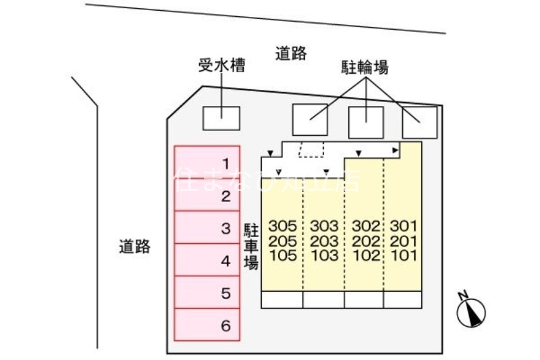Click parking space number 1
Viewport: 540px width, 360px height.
point(208,163)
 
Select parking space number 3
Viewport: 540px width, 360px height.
point(208,228)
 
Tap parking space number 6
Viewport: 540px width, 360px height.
point(208,326)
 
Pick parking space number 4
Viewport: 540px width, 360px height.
point(208,261)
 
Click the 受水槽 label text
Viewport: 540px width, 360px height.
point(221,66)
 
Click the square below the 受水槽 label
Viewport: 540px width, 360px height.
point(221,118)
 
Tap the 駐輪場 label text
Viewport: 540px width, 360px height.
point(364,67)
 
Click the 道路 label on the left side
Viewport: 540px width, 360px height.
point(134,246)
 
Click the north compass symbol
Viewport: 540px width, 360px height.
point(472,311)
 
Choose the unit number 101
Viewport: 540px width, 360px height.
point(404,255)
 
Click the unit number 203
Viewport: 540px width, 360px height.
point(324,241)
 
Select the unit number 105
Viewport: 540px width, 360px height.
point(282,255)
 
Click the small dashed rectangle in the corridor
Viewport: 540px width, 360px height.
point(312,149)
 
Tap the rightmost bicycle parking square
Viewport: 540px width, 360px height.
point(419,122)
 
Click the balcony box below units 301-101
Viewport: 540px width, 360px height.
point(403,299)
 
